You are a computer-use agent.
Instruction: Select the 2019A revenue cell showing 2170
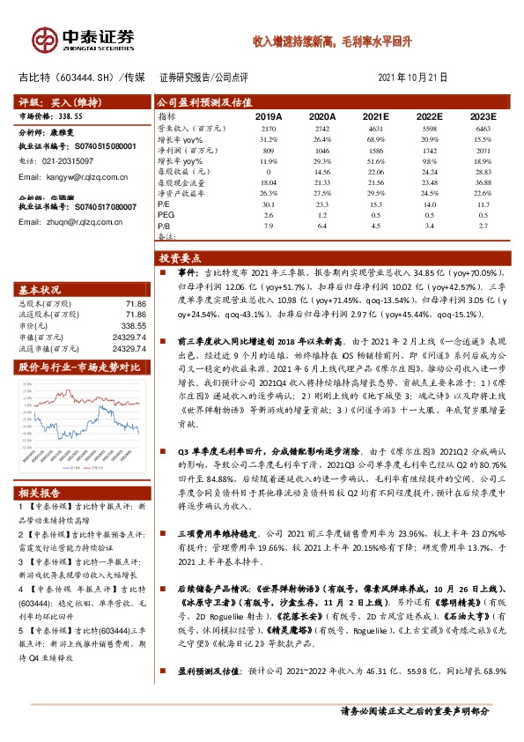[x=269, y=129]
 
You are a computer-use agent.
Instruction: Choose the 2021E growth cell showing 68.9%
[x=376, y=139]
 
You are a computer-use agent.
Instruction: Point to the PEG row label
[x=166, y=214]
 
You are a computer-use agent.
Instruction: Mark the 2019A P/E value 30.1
[x=269, y=204]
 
